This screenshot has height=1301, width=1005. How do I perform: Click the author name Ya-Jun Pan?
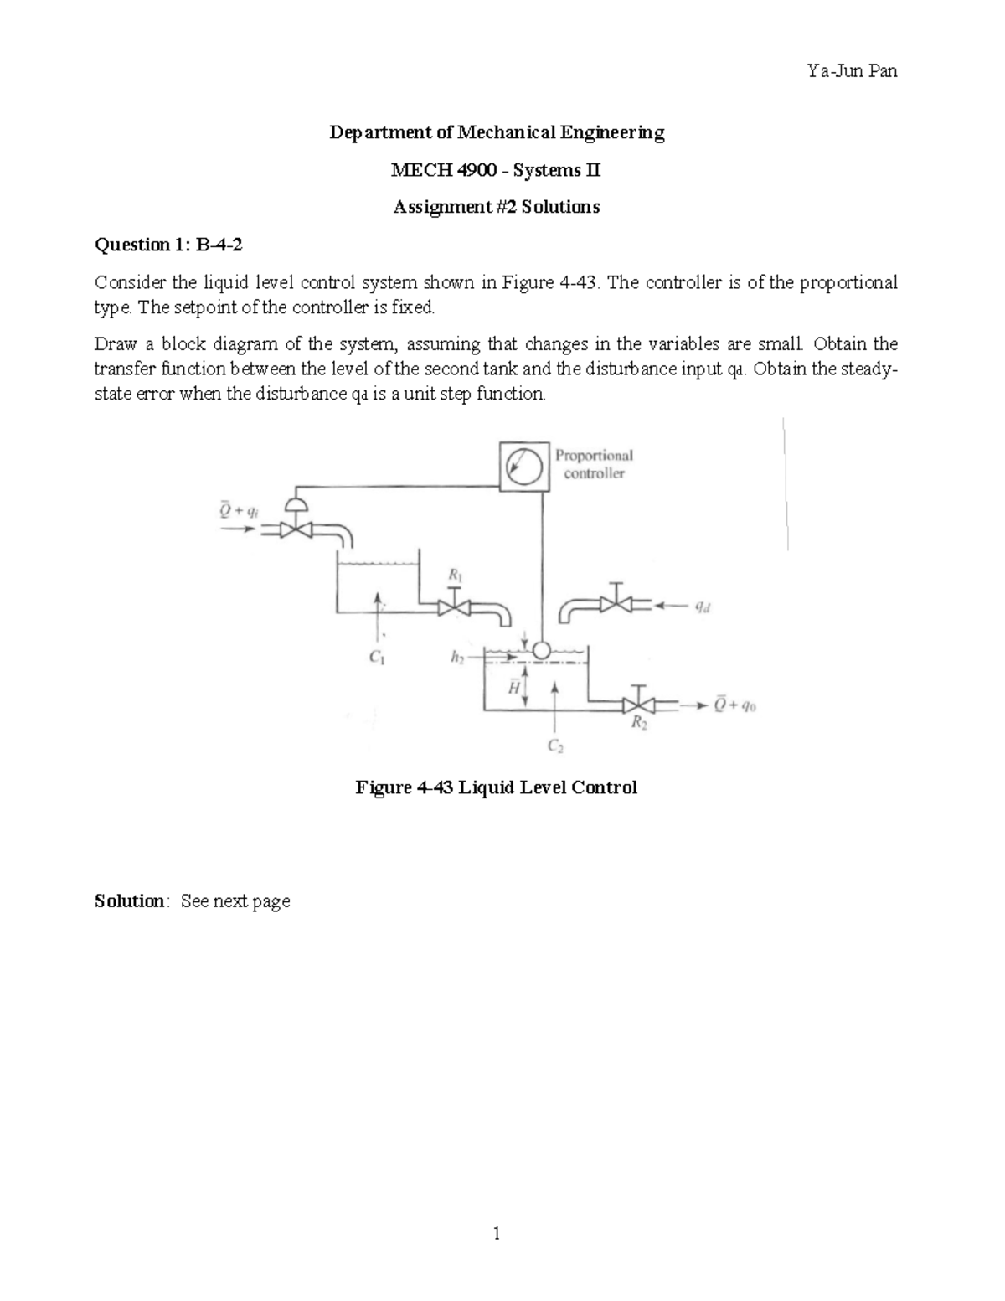tap(852, 71)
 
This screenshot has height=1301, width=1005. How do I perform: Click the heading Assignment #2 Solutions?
tap(497, 207)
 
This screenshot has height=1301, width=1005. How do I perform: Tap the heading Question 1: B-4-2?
tap(172, 245)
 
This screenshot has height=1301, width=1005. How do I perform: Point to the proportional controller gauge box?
tap(524, 466)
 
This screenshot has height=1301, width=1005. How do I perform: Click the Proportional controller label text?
tap(594, 464)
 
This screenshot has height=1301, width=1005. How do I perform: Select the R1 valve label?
tap(455, 575)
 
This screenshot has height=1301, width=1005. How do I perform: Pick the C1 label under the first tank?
tap(377, 658)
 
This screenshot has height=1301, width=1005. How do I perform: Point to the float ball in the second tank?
tap(540, 649)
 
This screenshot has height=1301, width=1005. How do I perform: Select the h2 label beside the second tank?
tap(457, 658)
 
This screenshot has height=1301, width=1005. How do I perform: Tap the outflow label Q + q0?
tap(735, 705)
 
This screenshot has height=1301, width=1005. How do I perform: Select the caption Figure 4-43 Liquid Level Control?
tap(497, 787)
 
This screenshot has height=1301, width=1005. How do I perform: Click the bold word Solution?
tap(130, 901)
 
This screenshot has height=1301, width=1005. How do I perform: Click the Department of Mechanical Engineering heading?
tap(497, 132)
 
